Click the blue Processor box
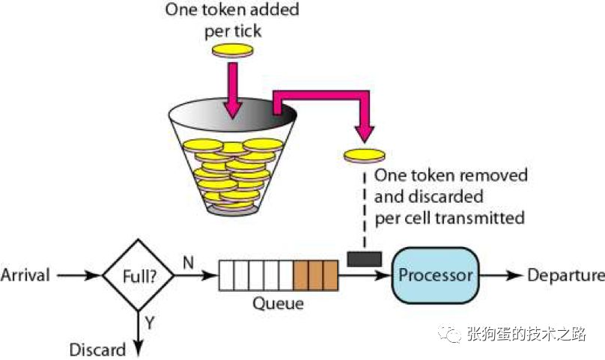click(x=436, y=275)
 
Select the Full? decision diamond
click(x=137, y=275)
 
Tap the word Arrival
click(x=25, y=275)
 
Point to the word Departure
click(x=565, y=275)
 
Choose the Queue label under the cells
click(x=279, y=304)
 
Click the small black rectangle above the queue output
click(x=365, y=258)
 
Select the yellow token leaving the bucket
click(x=364, y=155)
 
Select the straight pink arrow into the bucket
click(x=234, y=90)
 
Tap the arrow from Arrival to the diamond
click(x=79, y=275)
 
